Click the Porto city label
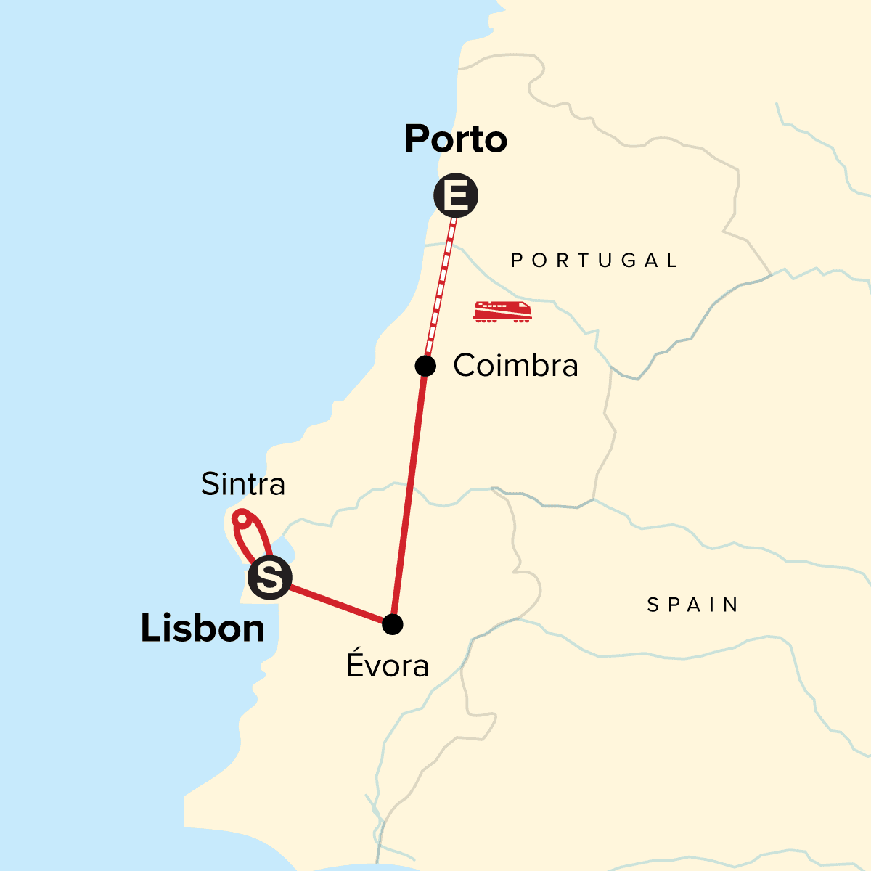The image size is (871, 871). coord(456,139)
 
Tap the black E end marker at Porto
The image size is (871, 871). coord(456,195)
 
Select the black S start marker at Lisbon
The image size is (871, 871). coord(269,578)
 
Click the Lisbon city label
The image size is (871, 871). coord(203,628)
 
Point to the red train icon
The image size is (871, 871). coord(502,311)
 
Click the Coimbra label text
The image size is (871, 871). coord(515,366)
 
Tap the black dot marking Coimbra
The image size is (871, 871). coord(425,366)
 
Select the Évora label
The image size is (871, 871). coord(388,665)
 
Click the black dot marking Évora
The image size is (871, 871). coord(392,624)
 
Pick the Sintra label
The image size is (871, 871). coord(242,484)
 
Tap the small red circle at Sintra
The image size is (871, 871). coord(242,518)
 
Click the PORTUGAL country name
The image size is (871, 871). coord(594,261)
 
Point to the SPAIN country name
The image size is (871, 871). coord(692,605)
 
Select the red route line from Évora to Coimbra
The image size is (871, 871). coord(409,494)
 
